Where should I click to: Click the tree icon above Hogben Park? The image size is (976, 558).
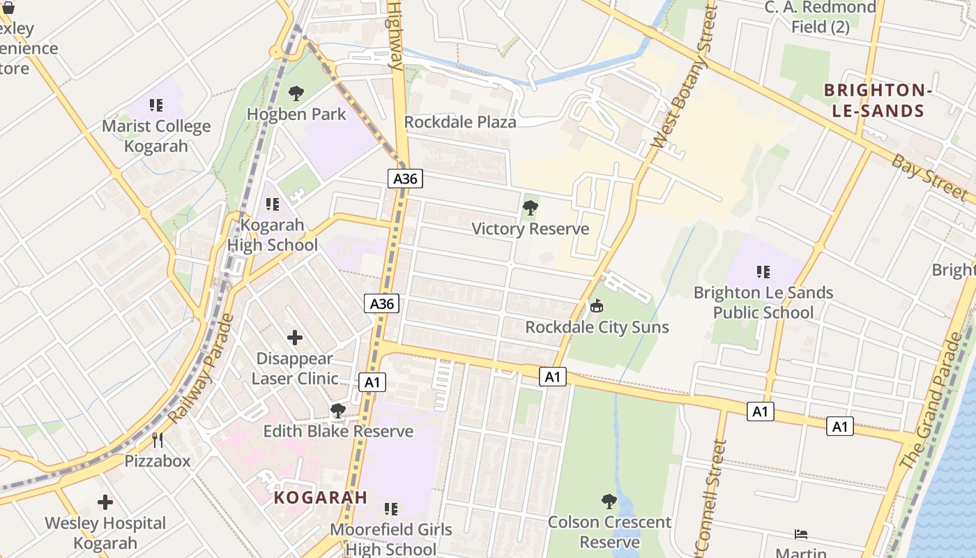click(296, 93)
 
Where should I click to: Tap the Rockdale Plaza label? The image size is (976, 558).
click(460, 122)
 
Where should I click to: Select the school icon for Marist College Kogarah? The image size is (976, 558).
click(156, 105)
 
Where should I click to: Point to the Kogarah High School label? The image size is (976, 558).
click(273, 235)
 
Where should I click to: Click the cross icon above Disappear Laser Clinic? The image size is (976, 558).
click(295, 338)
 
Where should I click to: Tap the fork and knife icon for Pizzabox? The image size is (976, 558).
click(158, 440)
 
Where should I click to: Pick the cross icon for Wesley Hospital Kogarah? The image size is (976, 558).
click(105, 502)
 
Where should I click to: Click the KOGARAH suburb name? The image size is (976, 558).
click(320, 497)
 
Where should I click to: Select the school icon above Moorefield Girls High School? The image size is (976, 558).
click(391, 509)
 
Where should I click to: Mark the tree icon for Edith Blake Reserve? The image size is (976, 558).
click(338, 411)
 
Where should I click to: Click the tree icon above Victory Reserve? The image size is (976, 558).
click(530, 207)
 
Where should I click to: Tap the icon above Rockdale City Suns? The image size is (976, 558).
click(596, 306)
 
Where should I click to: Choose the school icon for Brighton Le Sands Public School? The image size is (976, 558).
click(763, 271)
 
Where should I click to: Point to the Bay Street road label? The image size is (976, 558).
click(930, 178)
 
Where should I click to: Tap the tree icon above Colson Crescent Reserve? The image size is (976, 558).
click(609, 501)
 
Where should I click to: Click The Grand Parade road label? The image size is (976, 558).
click(931, 401)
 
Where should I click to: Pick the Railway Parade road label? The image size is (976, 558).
click(201, 369)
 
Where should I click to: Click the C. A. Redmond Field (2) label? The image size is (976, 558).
click(821, 17)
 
